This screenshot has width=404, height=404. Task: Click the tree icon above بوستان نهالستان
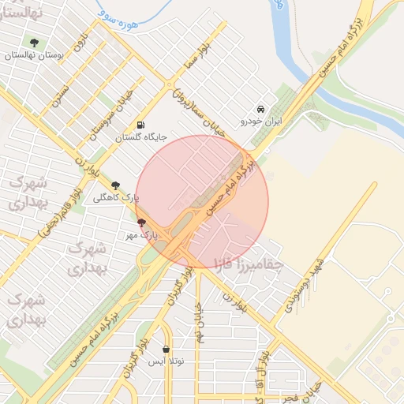pyautogui.click(x=33, y=43)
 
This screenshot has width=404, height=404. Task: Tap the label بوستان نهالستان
pyautogui.click(x=33, y=55)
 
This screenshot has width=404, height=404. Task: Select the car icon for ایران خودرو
pyautogui.click(x=261, y=109)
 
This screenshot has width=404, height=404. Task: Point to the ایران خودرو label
pyautogui.click(x=261, y=122)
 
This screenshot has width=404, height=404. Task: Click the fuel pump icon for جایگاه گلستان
pyautogui.click(x=140, y=125)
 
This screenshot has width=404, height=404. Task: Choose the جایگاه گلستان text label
pyautogui.click(x=141, y=137)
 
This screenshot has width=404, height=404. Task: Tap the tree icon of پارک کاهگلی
pyautogui.click(x=116, y=185)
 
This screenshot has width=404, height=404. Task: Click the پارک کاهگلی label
pyautogui.click(x=116, y=198)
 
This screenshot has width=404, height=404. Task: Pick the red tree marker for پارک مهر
pyautogui.click(x=141, y=223)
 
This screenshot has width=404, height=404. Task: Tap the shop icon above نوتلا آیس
pyautogui.click(x=166, y=349)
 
